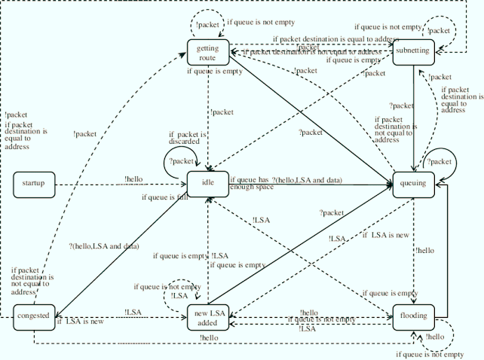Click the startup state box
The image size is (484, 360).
33,183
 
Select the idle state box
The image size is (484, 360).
207,184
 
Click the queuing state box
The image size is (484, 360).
413,184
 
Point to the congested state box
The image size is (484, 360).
33,316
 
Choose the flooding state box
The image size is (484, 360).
413,316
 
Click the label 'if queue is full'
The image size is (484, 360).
164,198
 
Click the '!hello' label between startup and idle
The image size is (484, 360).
134,179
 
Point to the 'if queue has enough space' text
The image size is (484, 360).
249,184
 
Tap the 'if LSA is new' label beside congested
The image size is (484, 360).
79,322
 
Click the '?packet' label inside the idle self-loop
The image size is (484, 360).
182,161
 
